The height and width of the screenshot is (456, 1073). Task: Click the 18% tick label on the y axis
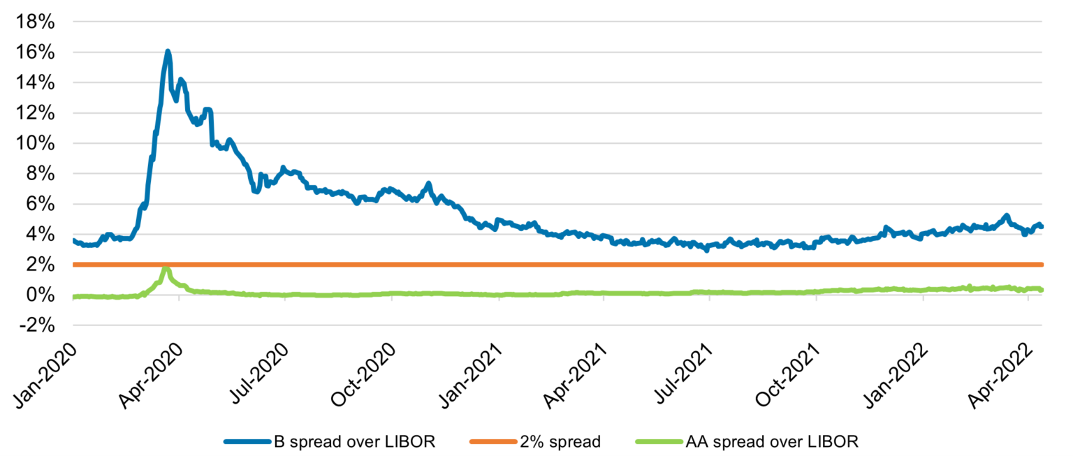point(36,22)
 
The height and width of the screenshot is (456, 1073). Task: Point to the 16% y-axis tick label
point(36,52)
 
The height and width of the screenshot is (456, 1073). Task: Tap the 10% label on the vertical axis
point(36,143)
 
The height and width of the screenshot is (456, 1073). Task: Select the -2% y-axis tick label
point(36,325)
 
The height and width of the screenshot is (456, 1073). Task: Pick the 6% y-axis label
point(41,204)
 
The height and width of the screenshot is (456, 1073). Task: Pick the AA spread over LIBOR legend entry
point(772,441)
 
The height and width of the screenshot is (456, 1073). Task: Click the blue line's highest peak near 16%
point(168,51)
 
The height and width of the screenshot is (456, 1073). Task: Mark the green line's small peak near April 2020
point(166,269)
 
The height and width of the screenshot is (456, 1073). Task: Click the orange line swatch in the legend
point(492,441)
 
